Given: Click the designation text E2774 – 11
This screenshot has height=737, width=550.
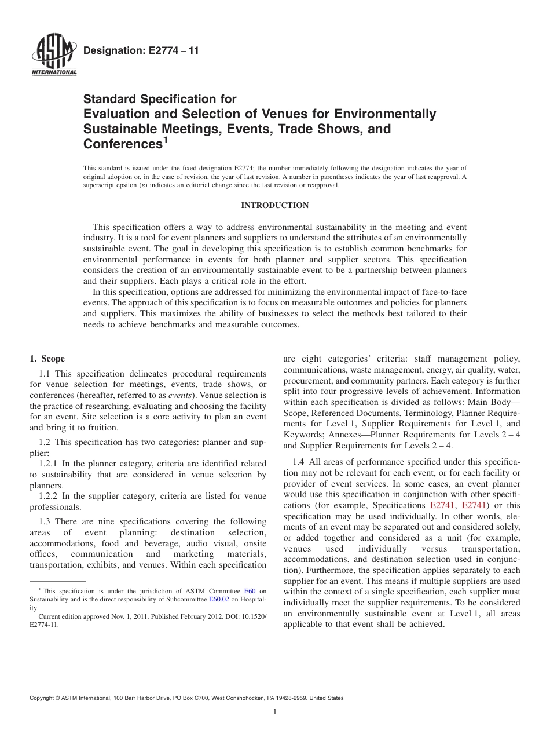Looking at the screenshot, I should [x=141, y=51].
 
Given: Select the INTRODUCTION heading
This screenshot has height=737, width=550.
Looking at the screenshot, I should [x=274, y=205].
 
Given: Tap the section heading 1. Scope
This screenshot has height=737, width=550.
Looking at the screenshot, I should [x=47, y=359].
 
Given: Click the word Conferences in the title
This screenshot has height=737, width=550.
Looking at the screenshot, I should [x=120, y=143].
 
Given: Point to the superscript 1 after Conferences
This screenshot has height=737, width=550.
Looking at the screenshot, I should [x=164, y=140].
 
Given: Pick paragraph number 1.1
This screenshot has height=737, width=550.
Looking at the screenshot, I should [x=46, y=374].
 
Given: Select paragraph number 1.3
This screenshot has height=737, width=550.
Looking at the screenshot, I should [x=46, y=522].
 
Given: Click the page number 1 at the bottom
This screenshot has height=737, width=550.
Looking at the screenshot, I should [x=275, y=712].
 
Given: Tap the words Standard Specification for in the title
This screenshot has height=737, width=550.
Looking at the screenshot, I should [x=160, y=99].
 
